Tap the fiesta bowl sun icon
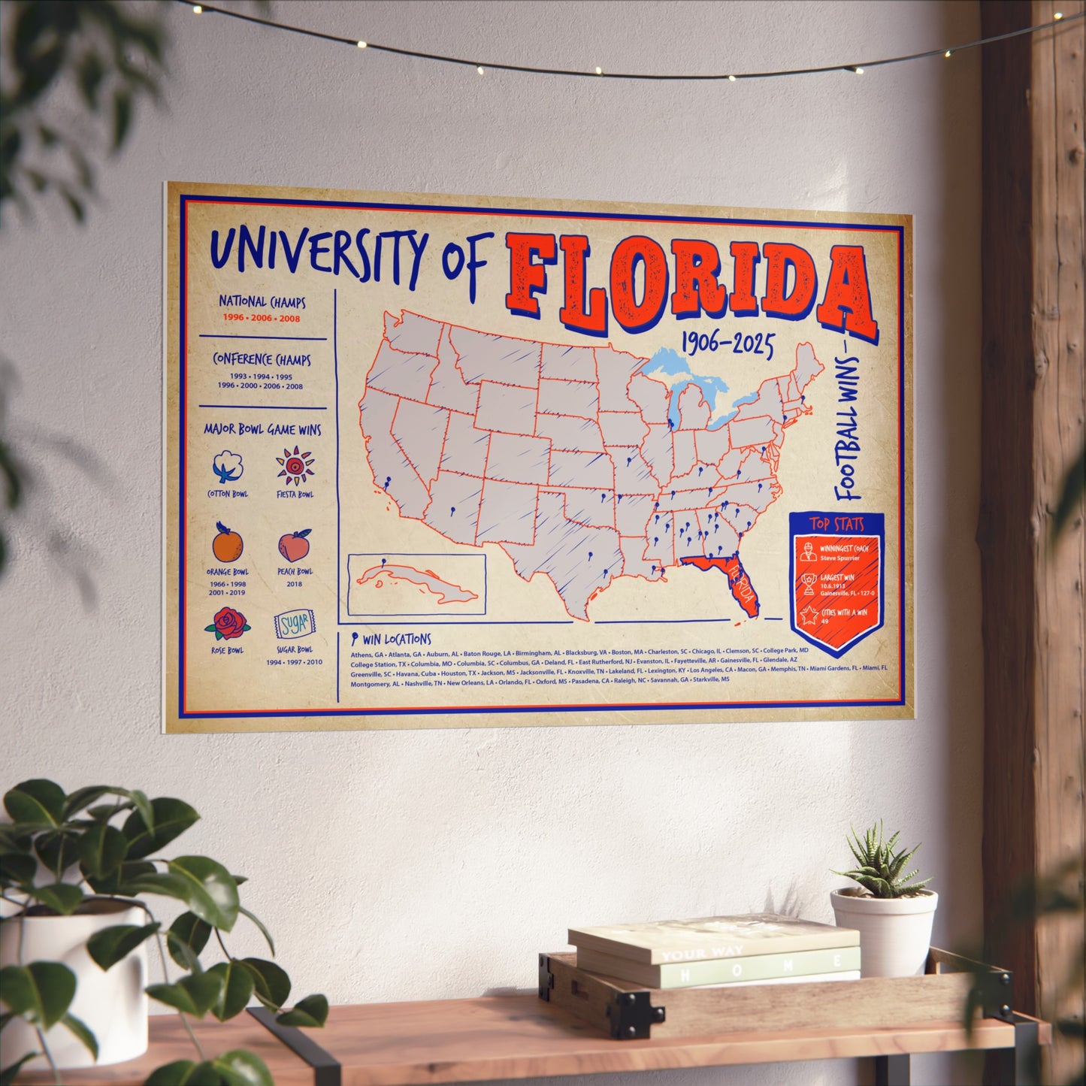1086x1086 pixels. click(x=295, y=467)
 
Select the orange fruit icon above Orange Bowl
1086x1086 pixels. click(x=226, y=543)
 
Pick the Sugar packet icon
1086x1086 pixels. click(x=294, y=625)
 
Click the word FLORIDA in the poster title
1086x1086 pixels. click(x=688, y=282)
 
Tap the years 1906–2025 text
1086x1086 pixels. click(x=727, y=345)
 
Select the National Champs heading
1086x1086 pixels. click(x=262, y=301)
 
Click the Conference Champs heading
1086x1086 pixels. click(x=262, y=359)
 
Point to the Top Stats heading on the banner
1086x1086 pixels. click(x=836, y=525)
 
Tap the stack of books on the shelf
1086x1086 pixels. click(x=714, y=951)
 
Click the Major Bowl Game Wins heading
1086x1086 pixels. click(x=262, y=430)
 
